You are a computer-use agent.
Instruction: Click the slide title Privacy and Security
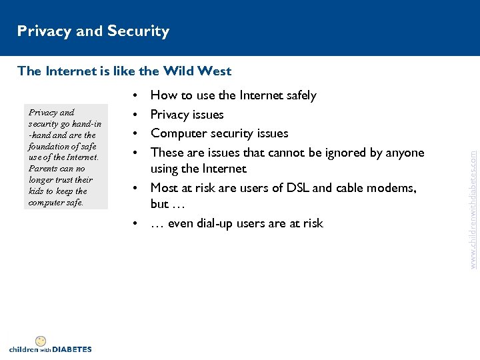click(x=93, y=31)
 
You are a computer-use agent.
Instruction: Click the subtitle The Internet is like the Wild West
click(x=125, y=71)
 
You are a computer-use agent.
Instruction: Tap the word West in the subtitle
click(x=215, y=71)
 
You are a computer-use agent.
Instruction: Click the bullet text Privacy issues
click(x=187, y=115)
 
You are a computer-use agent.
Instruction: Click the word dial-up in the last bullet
click(x=212, y=223)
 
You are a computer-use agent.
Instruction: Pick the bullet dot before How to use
click(x=136, y=95)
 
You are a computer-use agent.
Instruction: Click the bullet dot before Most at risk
click(x=136, y=188)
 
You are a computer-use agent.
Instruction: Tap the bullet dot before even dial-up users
click(x=136, y=223)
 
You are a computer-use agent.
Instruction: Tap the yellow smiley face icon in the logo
click(x=41, y=341)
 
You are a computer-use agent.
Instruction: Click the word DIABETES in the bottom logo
click(x=72, y=349)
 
